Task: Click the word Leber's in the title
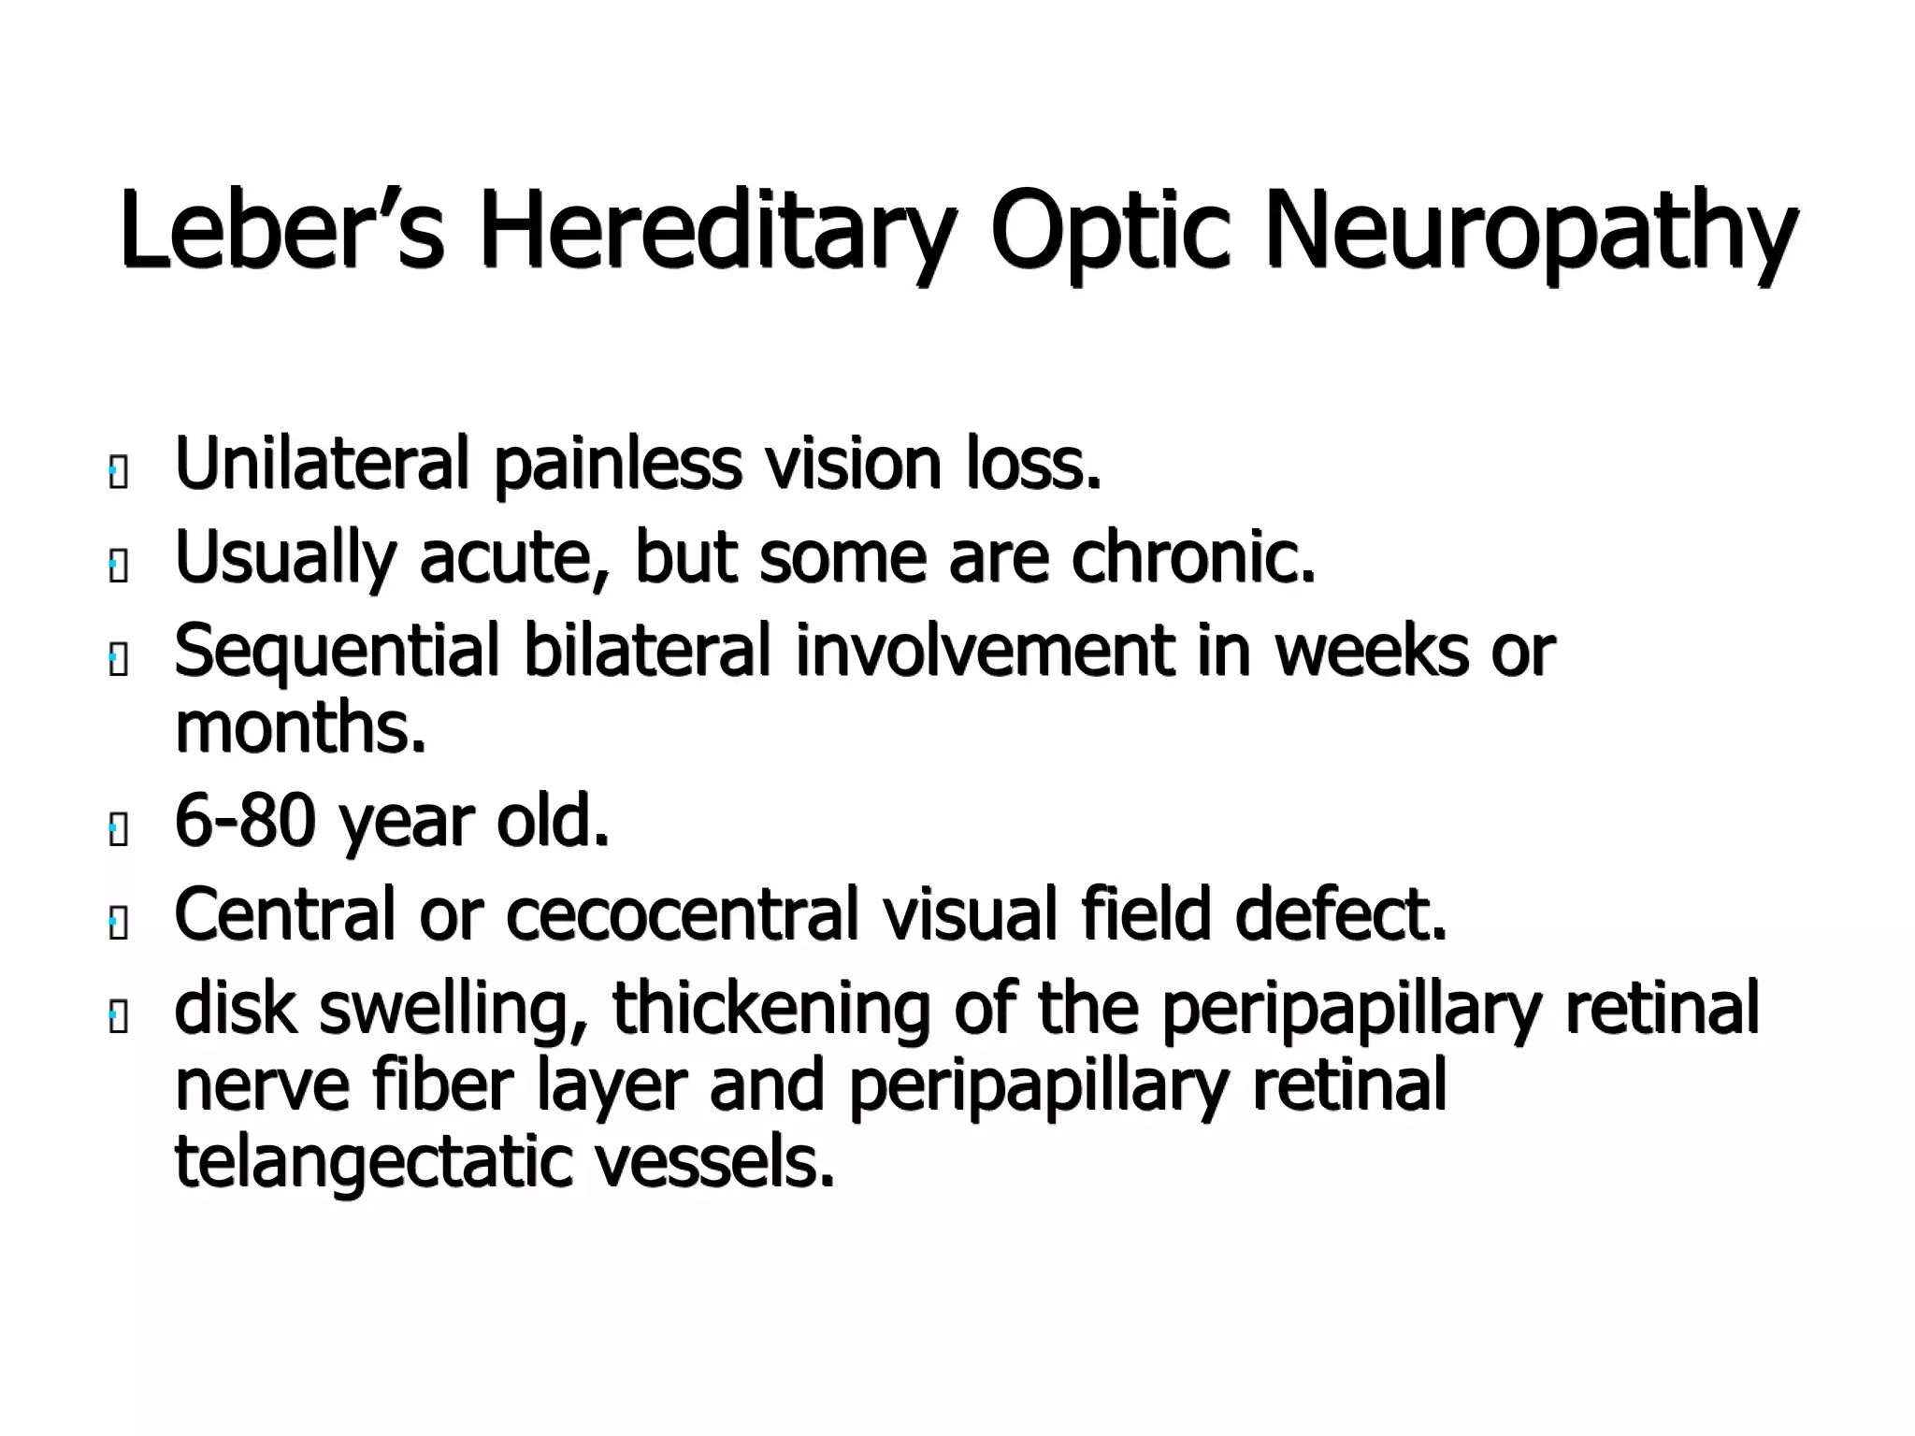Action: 281,229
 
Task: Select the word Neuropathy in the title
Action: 1530,229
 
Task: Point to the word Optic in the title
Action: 1110,229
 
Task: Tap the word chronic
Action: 1193,557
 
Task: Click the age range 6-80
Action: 244,820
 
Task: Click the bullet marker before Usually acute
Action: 117,567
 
